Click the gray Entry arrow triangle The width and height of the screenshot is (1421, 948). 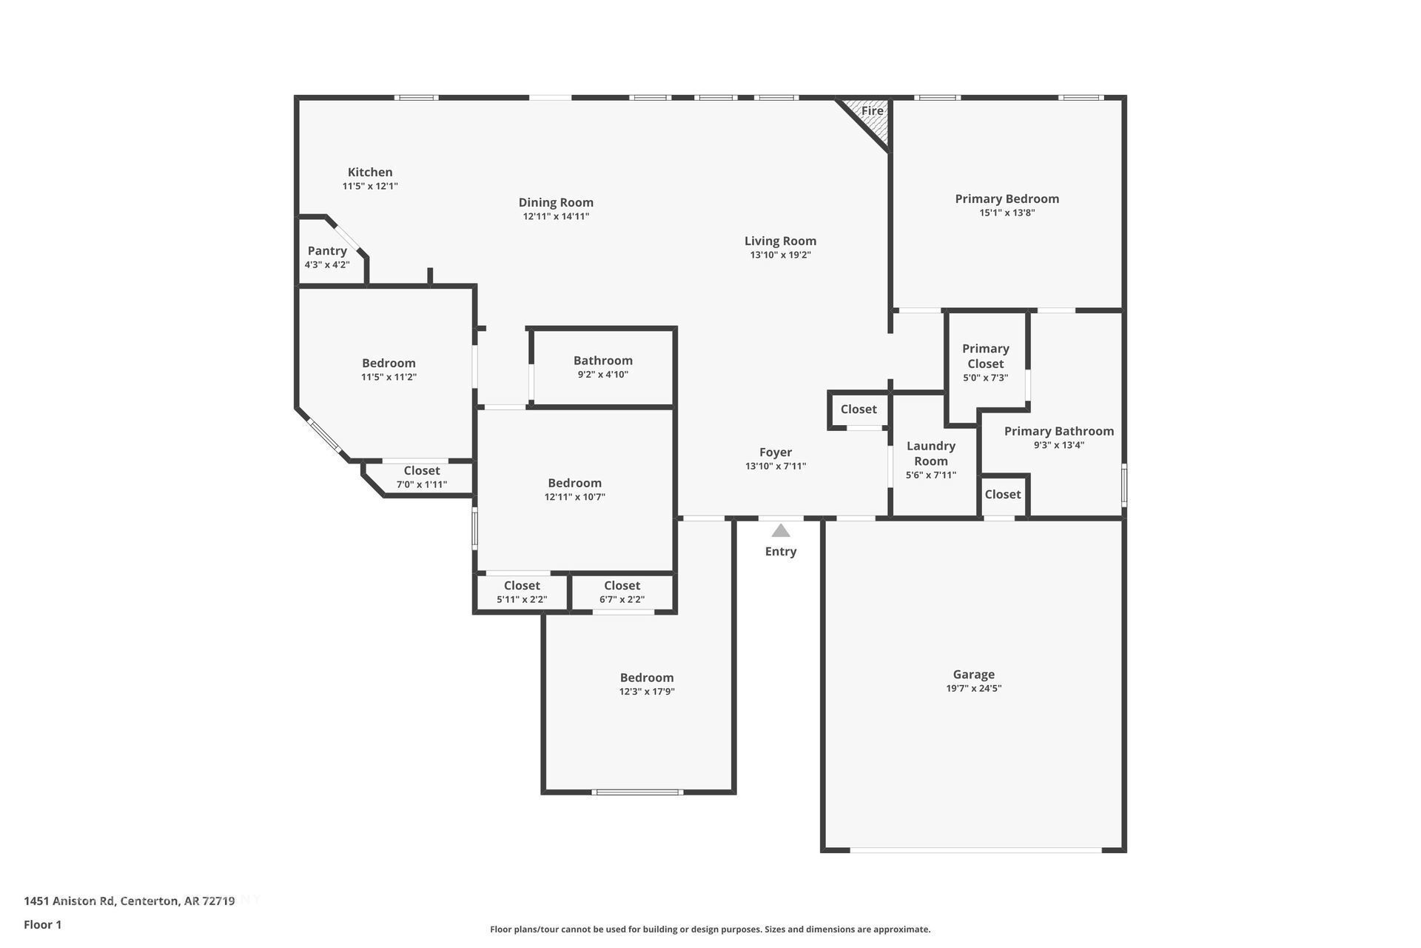tap(781, 530)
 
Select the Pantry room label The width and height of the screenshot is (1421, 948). tap(327, 250)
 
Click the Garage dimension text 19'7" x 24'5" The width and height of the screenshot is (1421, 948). tap(974, 688)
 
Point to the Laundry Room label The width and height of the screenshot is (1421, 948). tap(931, 453)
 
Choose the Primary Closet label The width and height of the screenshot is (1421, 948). tap(986, 356)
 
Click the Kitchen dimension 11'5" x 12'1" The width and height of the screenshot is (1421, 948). tap(370, 186)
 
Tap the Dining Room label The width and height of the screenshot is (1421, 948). tap(556, 202)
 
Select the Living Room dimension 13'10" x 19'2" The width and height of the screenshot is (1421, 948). tap(781, 255)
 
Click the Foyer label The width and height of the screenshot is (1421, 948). tap(776, 452)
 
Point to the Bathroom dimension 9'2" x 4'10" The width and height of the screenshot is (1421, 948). tap(603, 374)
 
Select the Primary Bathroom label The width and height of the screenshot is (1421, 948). tap(1059, 431)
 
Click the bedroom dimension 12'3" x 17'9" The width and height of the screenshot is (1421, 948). tap(648, 692)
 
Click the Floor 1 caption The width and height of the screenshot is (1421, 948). tap(43, 924)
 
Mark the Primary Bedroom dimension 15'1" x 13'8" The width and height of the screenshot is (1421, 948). tap(1007, 213)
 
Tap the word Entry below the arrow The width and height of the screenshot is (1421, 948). tap(781, 551)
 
